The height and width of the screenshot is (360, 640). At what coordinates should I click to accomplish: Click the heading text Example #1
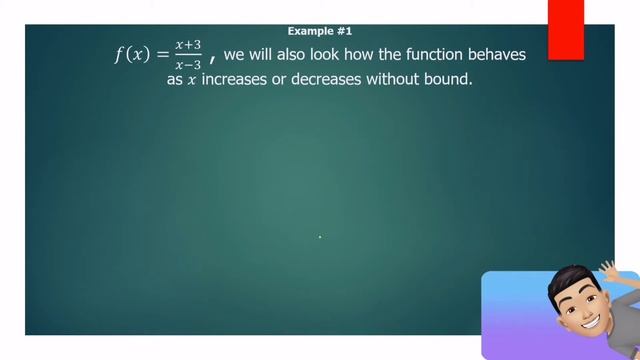319,32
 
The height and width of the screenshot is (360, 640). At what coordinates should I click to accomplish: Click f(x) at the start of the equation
133,55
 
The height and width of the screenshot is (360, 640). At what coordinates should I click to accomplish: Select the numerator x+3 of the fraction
187,46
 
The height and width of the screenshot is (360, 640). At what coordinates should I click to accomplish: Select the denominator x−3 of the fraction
187,65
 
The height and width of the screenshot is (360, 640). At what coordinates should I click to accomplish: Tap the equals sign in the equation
163,55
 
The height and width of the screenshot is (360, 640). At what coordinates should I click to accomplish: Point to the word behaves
491,54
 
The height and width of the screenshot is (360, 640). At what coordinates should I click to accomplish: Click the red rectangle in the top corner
566,29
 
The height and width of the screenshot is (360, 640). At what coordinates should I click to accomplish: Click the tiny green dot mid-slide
320,237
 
